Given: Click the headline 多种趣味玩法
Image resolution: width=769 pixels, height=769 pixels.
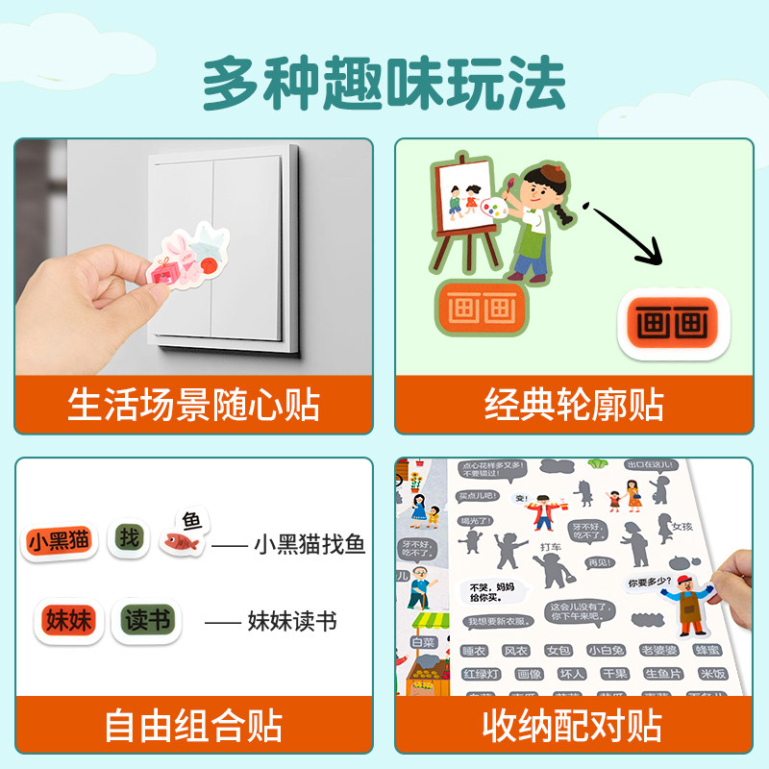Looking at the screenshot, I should coord(384,84).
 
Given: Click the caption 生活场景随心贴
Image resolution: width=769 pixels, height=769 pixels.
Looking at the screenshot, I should coord(193,405).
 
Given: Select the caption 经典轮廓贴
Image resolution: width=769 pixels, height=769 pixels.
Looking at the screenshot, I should coord(574,405).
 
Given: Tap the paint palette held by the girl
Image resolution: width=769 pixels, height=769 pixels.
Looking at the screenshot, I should coord(494,209).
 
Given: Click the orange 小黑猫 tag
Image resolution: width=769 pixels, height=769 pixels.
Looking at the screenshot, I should coord(61,540).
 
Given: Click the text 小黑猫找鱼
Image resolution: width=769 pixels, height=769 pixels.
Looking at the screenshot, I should coord(309,545).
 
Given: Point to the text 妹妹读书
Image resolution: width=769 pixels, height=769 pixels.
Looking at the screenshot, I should coord(291,621).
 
